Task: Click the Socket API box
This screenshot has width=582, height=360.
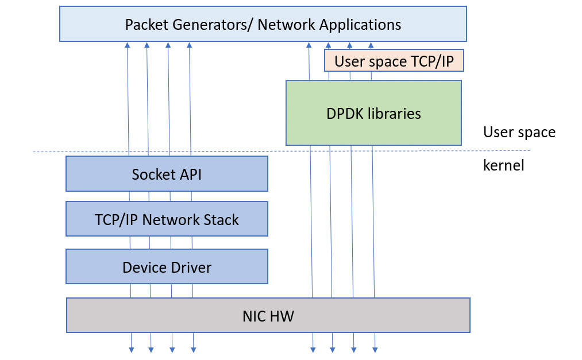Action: point(167,174)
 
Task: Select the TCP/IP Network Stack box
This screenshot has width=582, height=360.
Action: point(167,219)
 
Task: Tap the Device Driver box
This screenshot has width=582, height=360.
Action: point(167,267)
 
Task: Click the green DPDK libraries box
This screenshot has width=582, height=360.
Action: point(373,113)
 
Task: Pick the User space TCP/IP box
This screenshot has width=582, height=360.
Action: point(394,61)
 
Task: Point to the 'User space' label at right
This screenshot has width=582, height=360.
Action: point(519,133)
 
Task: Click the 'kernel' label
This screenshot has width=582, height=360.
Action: point(503,166)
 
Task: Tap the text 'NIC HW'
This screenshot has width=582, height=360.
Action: point(268,316)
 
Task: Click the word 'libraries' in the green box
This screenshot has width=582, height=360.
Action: point(396,114)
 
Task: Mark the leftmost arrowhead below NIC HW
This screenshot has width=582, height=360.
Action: point(131,349)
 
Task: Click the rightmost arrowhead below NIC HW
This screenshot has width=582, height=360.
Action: point(375,349)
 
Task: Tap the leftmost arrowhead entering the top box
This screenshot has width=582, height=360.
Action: point(127,45)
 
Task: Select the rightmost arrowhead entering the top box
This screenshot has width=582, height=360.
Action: point(371,45)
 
